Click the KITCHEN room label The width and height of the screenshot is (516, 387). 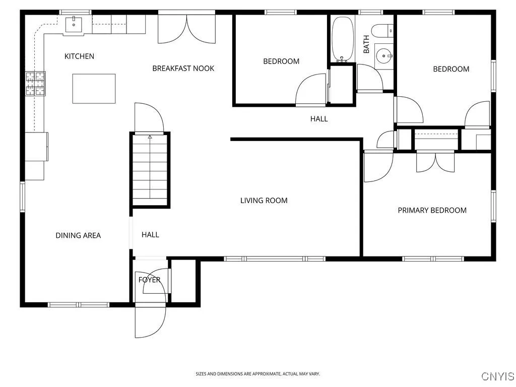pyautogui.click(x=79, y=56)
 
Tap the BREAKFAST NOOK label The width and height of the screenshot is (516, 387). pyautogui.click(x=183, y=69)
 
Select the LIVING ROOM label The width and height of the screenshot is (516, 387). pyautogui.click(x=264, y=201)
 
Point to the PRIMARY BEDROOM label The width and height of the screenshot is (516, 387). pyautogui.click(x=432, y=210)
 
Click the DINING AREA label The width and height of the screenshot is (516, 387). pyautogui.click(x=78, y=235)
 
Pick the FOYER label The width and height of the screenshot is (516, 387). pyautogui.click(x=149, y=280)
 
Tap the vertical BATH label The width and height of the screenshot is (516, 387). pyautogui.click(x=366, y=44)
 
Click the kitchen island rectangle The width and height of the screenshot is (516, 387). pyautogui.click(x=94, y=89)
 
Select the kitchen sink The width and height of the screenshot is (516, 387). pyautogui.click(x=74, y=23)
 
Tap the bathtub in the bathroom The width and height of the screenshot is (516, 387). pyautogui.click(x=343, y=39)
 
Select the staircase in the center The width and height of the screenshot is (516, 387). pyautogui.click(x=150, y=170)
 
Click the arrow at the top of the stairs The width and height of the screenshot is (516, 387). pyautogui.click(x=150, y=136)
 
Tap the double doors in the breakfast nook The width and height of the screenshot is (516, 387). pyautogui.click(x=186, y=29)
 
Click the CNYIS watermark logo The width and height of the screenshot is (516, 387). pyautogui.click(x=497, y=376)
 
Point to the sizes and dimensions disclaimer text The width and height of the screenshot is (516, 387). pyautogui.click(x=257, y=374)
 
